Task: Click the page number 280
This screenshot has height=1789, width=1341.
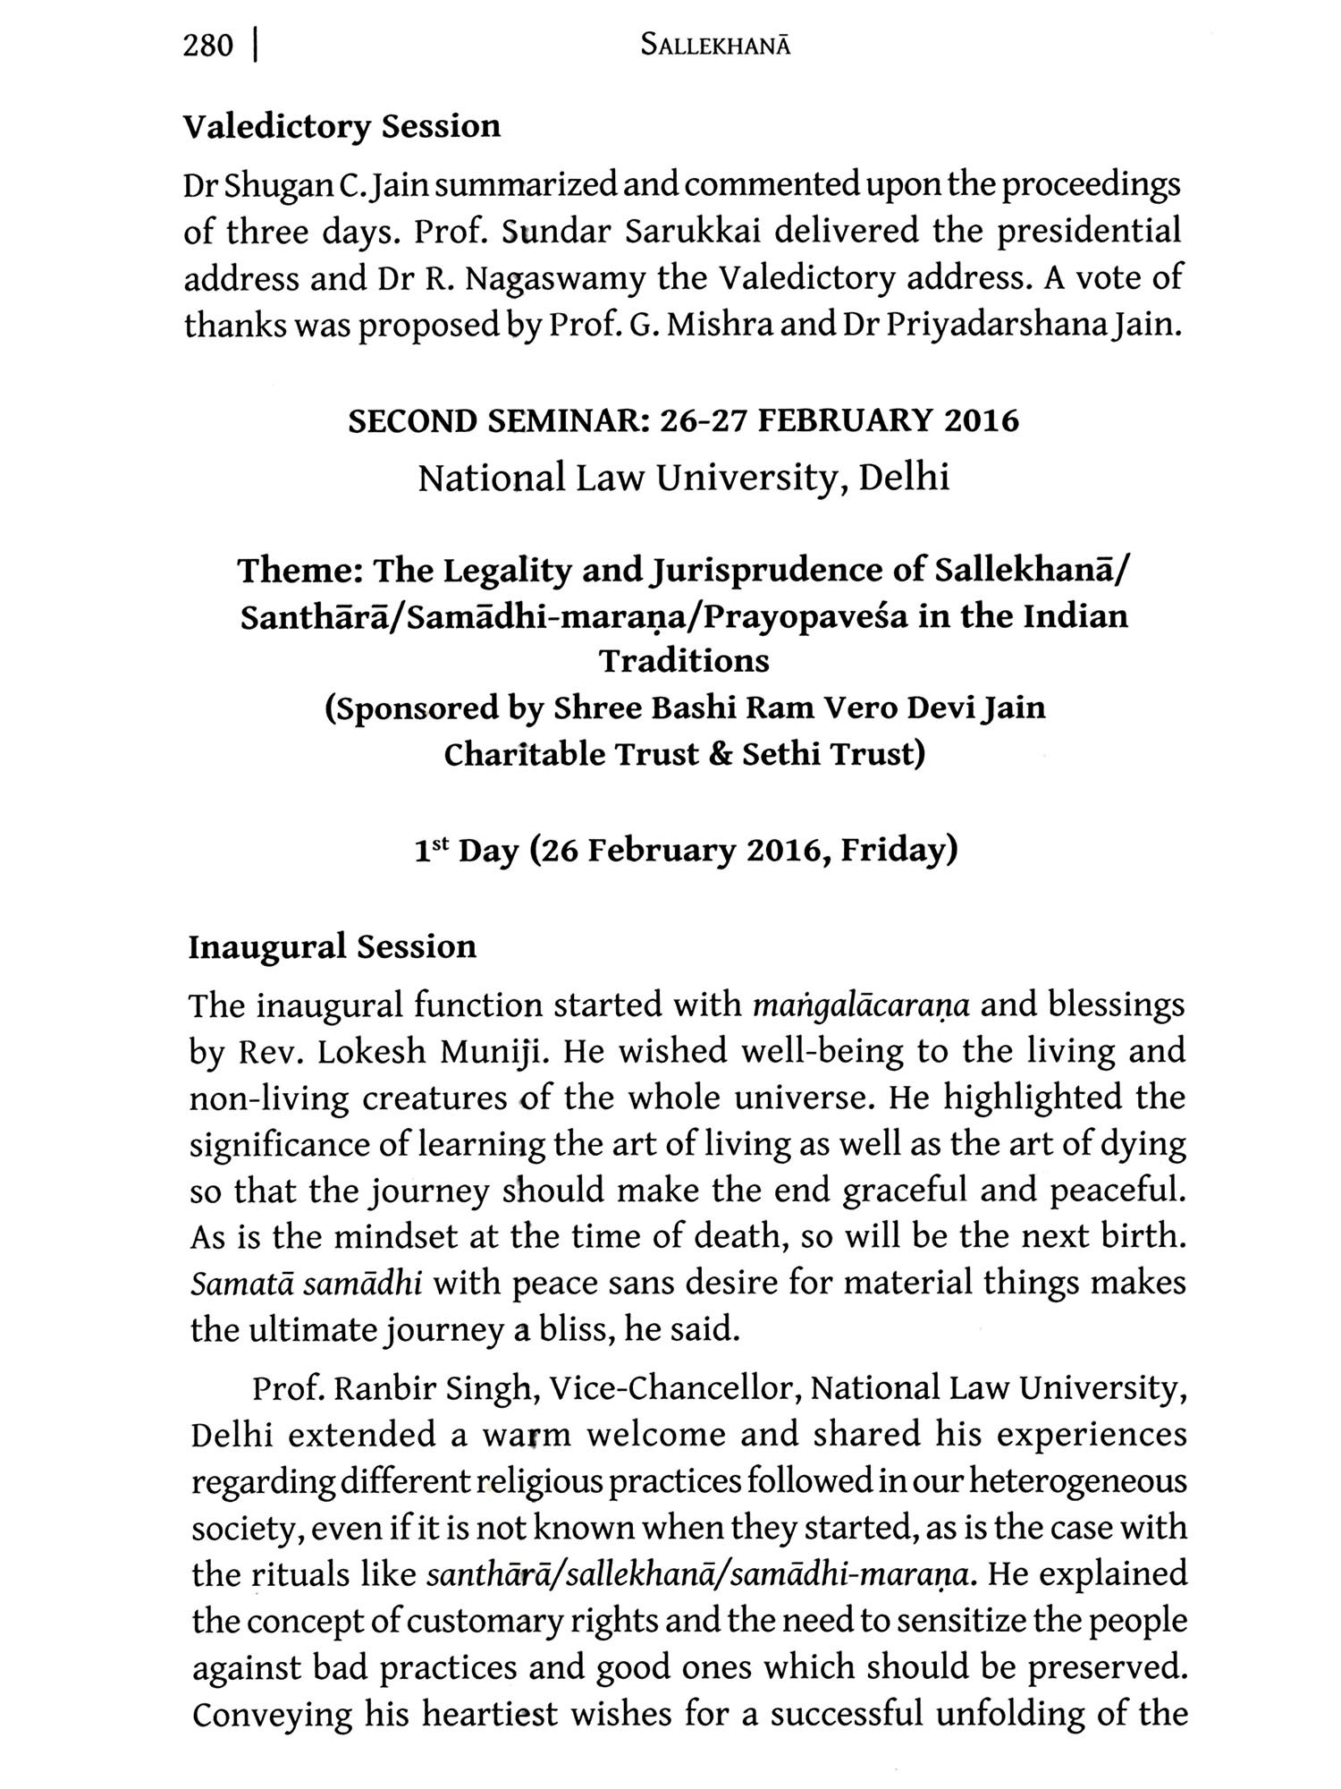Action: coord(207,46)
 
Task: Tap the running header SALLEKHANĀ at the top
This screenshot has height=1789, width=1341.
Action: coord(715,47)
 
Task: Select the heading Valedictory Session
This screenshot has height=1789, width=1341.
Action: coord(342,126)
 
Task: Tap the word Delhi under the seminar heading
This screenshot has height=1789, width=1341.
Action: coord(903,478)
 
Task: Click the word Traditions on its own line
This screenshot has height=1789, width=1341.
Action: coord(684,661)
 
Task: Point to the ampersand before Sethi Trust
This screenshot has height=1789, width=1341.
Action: coord(720,754)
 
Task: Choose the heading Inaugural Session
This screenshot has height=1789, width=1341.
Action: coord(332,946)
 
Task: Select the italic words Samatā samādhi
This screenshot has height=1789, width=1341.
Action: coord(307,1284)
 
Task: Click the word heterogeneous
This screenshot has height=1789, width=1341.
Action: coord(1078,1481)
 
